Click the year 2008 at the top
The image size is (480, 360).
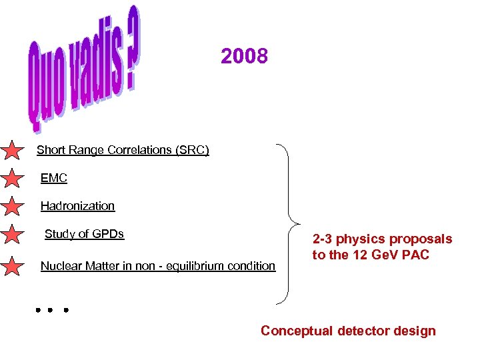pos(244,57)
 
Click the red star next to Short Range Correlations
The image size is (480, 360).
pos(13,151)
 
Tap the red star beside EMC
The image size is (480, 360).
pos(13,179)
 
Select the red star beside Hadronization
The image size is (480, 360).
pos(13,206)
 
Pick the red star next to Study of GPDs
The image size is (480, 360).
pos(13,235)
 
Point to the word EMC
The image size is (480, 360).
pos(54,179)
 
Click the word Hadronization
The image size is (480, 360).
pos(77,206)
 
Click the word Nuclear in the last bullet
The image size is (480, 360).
pos(61,266)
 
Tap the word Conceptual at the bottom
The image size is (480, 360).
pos(297,331)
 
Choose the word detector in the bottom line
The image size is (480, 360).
pos(364,331)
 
